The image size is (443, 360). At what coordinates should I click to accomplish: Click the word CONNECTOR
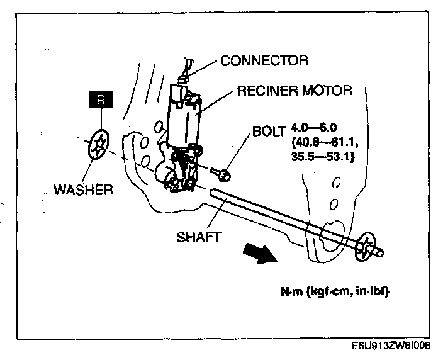click(x=264, y=61)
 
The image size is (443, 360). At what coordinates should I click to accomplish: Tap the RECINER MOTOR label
click(x=294, y=91)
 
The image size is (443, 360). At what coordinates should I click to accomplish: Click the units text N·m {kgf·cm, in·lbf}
click(x=334, y=293)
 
